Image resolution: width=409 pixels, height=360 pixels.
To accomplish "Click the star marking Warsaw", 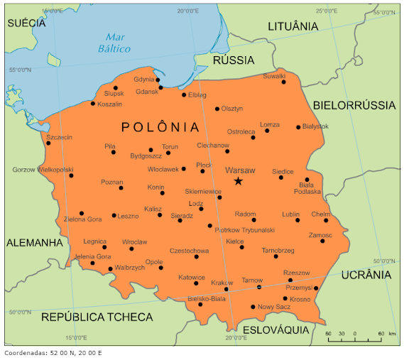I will click(238, 182).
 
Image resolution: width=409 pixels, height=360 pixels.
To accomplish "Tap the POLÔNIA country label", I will click(160, 127).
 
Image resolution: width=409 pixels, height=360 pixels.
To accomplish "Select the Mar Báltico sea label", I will click(117, 43).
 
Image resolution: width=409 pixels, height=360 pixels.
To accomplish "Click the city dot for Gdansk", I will click(161, 87).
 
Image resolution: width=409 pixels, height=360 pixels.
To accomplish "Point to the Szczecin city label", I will click(60, 137).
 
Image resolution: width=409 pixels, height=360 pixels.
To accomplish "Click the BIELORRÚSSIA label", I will click(354, 105).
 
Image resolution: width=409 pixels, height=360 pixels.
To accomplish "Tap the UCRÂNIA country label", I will click(366, 275).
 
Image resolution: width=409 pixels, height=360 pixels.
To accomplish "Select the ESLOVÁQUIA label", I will click(276, 330).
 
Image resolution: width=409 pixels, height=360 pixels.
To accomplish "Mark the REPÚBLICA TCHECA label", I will click(97, 316).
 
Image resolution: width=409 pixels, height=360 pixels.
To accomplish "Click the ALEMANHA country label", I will click(35, 243).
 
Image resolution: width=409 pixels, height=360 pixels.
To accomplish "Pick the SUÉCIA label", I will click(26, 23).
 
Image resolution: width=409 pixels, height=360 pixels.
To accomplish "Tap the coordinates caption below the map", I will click(53, 353).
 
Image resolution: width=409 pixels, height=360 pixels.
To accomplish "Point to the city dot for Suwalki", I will click(283, 82).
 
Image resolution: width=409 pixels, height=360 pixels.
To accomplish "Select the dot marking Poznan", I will click(121, 189).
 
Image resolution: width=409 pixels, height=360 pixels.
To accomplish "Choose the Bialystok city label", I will click(315, 126).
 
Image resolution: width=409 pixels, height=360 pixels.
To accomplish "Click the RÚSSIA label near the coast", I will click(234, 60).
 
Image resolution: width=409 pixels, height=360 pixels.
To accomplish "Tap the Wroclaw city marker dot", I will click(131, 249).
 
